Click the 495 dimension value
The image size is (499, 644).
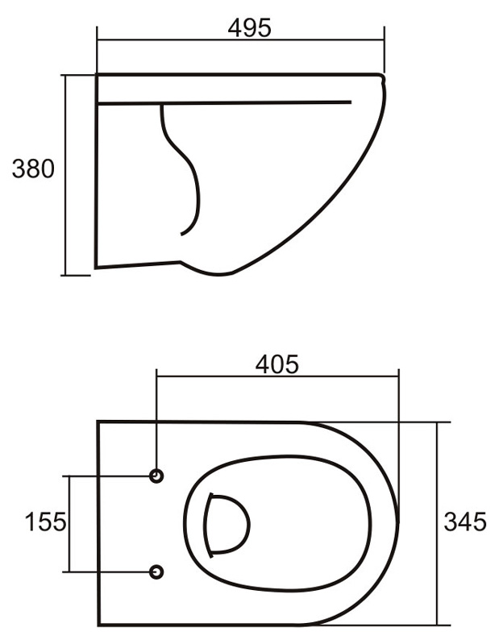[249, 28]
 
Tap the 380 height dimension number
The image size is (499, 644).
[33, 168]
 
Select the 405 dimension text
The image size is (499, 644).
[277, 364]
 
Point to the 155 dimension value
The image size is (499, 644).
[46, 522]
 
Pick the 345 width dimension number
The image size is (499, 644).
[465, 522]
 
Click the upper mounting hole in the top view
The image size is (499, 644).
[156, 476]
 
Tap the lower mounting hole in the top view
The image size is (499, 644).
[156, 571]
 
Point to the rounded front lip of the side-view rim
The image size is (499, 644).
[383, 78]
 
